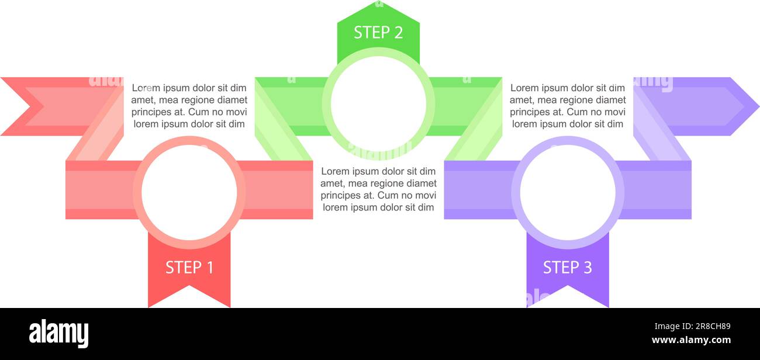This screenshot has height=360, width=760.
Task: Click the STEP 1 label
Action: click(x=189, y=268)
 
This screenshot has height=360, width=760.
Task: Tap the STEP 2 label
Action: click(x=378, y=33)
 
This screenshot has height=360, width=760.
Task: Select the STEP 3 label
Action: click(x=567, y=268)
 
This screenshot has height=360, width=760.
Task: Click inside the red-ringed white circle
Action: click(x=189, y=192)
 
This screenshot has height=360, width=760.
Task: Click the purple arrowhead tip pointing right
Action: click(x=759, y=106)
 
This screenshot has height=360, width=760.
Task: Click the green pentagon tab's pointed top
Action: click(x=378, y=1)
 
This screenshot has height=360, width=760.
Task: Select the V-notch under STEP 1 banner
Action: click(x=189, y=286)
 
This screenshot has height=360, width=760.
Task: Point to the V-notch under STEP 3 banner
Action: click(x=568, y=286)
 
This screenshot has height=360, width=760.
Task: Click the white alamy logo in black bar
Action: click(x=58, y=333)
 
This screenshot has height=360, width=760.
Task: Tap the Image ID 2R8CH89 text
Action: click(x=692, y=327)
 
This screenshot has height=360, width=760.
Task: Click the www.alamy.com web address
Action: click(x=691, y=340)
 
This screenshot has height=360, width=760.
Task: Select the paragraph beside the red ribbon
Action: click(x=189, y=106)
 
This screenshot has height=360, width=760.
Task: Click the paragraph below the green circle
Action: click(x=378, y=189)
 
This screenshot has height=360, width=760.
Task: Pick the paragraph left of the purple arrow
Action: click(x=568, y=106)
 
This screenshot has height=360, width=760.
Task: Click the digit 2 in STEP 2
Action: click(x=398, y=33)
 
